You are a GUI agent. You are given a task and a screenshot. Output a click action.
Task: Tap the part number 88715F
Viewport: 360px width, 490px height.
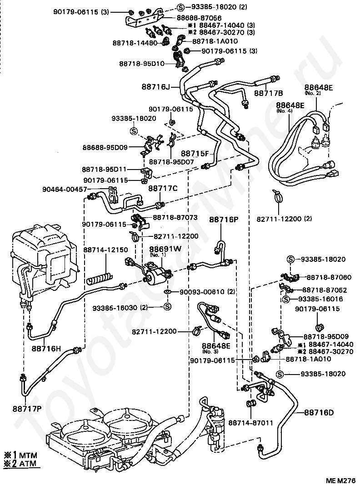tap(195, 154)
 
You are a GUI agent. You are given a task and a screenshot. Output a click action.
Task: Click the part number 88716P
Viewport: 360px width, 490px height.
tap(224, 220)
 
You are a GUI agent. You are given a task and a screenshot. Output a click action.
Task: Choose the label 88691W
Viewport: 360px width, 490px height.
tap(165, 249)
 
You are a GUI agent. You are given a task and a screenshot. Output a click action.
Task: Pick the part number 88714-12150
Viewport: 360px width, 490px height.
tap(105, 250)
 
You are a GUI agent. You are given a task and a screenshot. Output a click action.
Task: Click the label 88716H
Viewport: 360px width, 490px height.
tap(46, 349)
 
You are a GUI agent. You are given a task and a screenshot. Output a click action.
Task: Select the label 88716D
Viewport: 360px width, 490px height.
tap(319, 413)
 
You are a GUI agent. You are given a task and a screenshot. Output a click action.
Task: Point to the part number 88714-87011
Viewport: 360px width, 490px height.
tap(250, 423)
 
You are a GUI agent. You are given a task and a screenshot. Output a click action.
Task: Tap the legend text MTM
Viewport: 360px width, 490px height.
tap(29, 455)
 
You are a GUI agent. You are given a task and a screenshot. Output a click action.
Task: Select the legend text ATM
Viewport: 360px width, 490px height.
tap(29, 464)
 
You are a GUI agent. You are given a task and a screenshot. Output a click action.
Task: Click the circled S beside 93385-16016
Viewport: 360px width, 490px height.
tap(287, 299)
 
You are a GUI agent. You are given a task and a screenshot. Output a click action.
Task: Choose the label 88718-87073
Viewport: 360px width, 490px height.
tap(175, 218)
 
